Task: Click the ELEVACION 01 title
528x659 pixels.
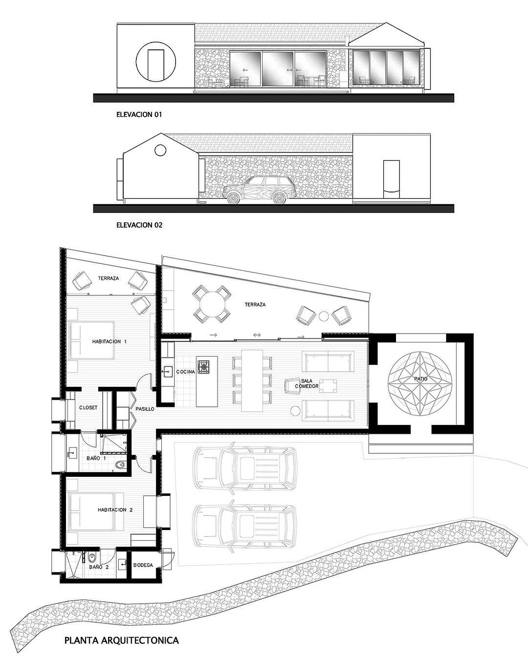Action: pos(139,114)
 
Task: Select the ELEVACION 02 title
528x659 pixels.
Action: pos(139,225)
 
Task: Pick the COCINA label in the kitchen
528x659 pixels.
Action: pos(185,372)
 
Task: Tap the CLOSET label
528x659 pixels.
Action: pos(88,408)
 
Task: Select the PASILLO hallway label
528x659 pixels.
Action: pos(145,409)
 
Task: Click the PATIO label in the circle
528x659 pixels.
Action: pos(421,379)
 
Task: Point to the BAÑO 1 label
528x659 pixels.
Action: pos(96,458)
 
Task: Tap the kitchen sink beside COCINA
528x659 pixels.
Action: pos(168,372)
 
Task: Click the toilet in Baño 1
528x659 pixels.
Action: pos(121,465)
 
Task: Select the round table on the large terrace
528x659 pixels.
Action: pos(211,304)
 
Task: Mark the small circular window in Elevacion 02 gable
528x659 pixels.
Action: pos(160,150)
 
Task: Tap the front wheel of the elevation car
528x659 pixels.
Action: pos(234,198)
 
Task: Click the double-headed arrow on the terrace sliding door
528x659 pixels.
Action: pos(257,335)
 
